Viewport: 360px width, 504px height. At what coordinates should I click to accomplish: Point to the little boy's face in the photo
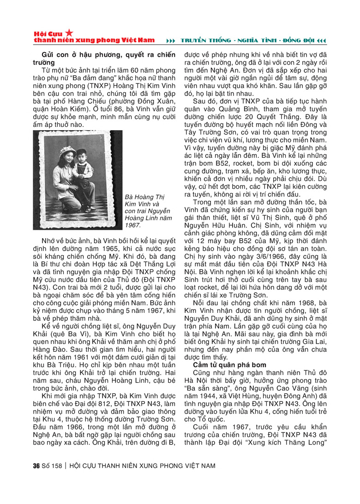84,158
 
